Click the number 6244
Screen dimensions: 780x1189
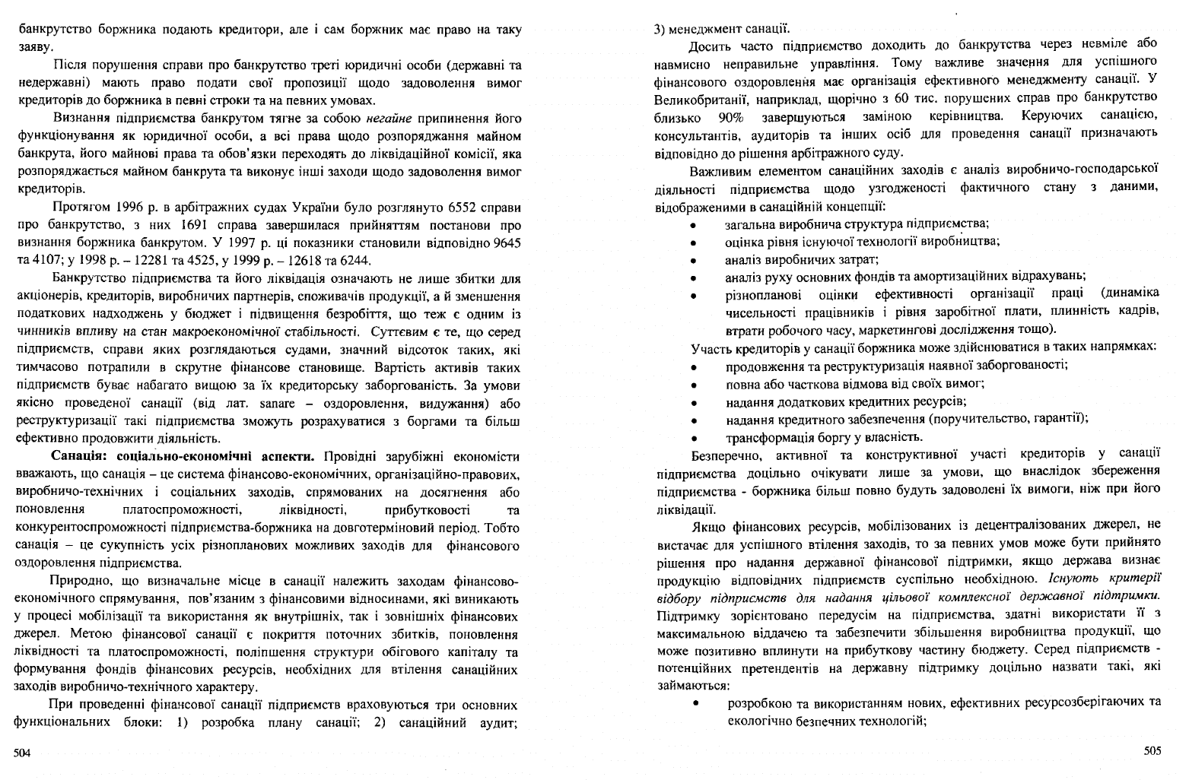tap(354, 260)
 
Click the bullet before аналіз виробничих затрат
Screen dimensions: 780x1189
tap(694, 261)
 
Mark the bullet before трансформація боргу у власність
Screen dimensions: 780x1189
tap(694, 438)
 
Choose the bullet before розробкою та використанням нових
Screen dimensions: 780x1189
tap(695, 703)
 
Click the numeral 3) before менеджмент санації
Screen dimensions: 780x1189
tap(660, 29)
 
